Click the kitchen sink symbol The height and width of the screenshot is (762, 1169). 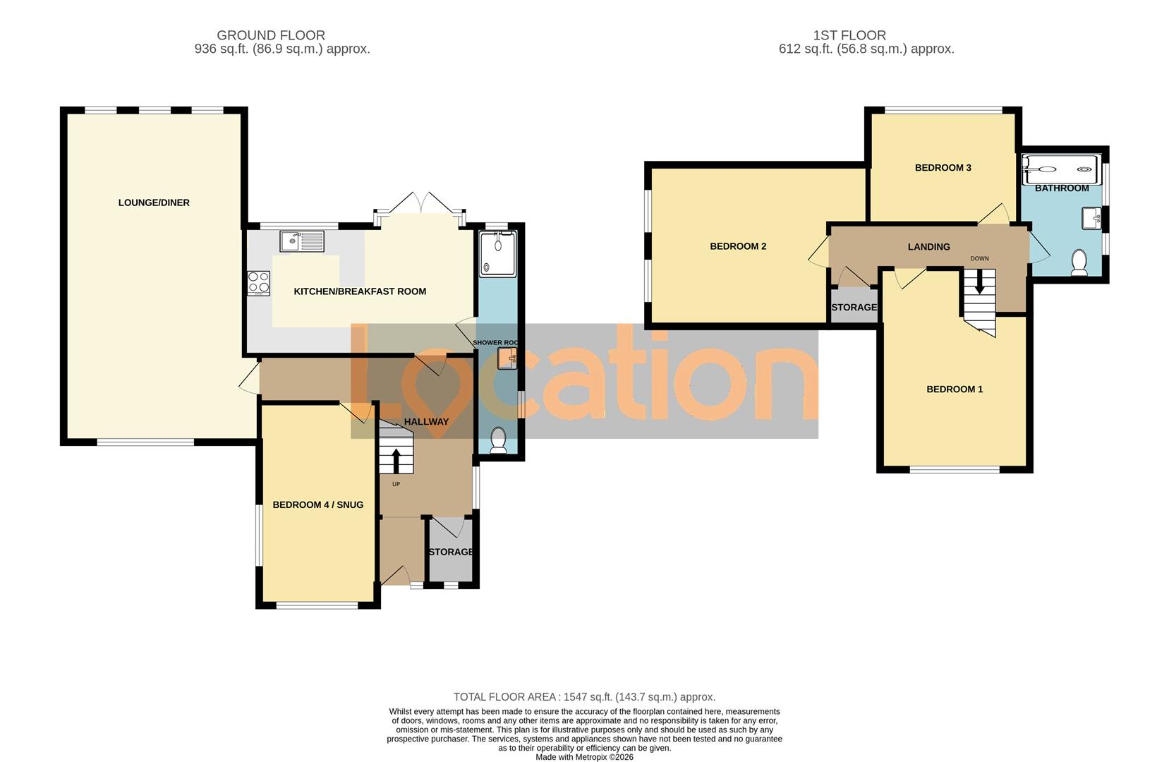click(x=301, y=241)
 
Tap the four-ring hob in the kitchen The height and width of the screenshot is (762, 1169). click(x=258, y=283)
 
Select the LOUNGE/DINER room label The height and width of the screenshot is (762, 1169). click(x=154, y=202)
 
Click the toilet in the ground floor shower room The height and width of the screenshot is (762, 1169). click(x=498, y=440)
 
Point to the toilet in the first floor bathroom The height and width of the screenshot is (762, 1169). click(x=1079, y=262)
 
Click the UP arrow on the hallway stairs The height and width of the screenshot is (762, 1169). click(x=395, y=461)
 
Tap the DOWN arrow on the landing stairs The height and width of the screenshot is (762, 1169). click(x=979, y=283)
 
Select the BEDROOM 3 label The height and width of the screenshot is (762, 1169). click(x=943, y=168)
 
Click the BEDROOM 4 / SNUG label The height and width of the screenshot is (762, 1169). click(x=317, y=504)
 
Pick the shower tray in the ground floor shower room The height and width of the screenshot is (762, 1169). click(x=498, y=253)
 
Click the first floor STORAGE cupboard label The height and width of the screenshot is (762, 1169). click(x=854, y=308)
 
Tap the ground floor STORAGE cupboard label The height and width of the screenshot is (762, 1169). click(x=451, y=552)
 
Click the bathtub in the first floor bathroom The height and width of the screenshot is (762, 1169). click(x=1061, y=169)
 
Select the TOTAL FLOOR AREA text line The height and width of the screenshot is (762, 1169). click(x=583, y=697)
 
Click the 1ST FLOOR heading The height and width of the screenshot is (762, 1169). click(x=849, y=35)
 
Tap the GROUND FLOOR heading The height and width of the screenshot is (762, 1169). click(x=270, y=35)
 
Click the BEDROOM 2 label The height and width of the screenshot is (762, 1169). click(x=737, y=246)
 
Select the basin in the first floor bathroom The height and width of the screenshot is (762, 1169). click(x=1091, y=218)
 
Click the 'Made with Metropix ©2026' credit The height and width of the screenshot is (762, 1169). click(x=584, y=757)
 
